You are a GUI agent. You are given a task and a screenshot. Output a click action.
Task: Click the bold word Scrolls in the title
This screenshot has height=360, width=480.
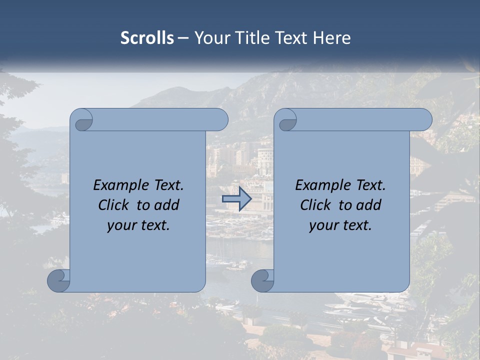coord(147,38)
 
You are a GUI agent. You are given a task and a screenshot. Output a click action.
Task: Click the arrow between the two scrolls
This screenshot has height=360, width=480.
coord(236,199)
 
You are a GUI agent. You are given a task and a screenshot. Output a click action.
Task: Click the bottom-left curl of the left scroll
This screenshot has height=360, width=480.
coord(58,280)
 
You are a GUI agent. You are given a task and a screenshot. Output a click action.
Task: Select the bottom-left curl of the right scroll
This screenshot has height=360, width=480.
coord(262,280)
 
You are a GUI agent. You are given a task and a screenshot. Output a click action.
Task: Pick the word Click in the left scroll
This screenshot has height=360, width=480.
coord(113,205)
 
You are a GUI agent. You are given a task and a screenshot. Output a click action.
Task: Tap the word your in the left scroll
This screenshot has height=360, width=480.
coord(122,225)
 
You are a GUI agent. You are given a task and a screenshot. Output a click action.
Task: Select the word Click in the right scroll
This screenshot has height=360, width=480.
coord(315,205)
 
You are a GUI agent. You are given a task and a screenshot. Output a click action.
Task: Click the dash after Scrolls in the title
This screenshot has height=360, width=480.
coord(183,38)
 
